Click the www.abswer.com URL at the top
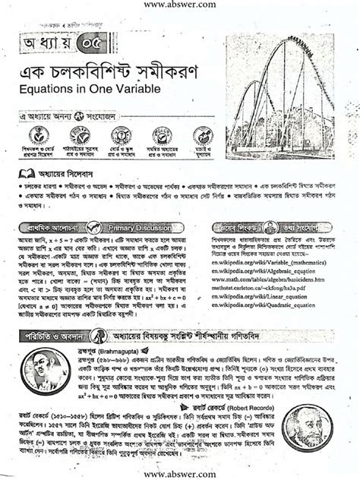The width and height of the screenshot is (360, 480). click(x=180, y=7)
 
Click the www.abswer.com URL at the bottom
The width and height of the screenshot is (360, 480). click(x=180, y=473)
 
